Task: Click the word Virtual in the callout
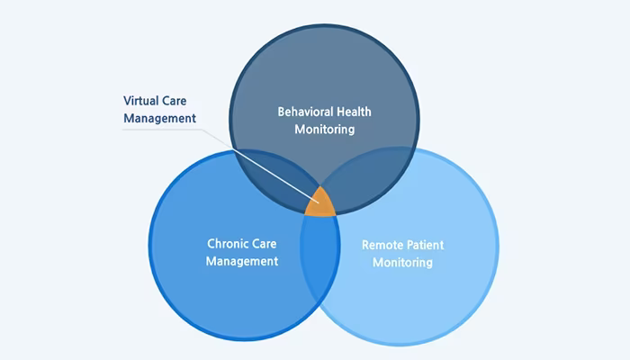tap(140, 101)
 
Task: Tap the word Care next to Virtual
tap(175, 101)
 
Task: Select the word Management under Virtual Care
tap(159, 119)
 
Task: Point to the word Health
tap(354, 112)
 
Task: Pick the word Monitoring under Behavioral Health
tap(325, 130)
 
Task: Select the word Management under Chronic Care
tap(242, 261)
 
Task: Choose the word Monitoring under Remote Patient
tap(402, 263)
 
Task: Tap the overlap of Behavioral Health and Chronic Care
tap(281, 176)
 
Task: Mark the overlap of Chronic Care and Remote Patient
tap(320, 257)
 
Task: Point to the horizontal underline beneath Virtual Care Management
tap(161, 130)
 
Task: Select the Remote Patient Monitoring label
tap(402, 254)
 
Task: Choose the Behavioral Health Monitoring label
tap(325, 121)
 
